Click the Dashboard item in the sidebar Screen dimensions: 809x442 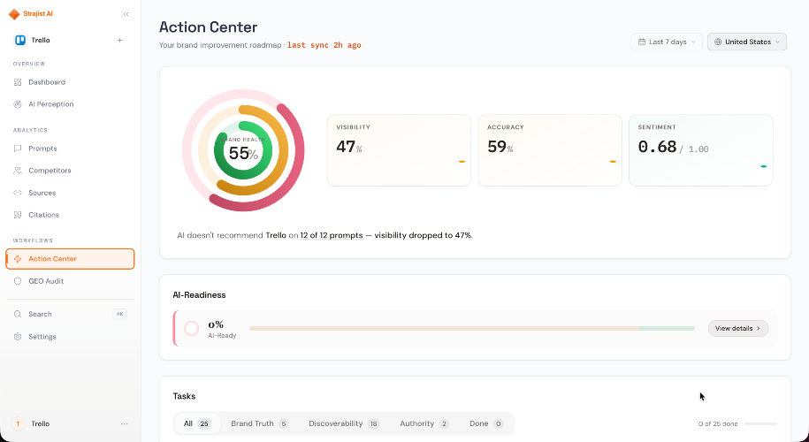click(47, 82)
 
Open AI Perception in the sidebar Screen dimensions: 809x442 click(50, 104)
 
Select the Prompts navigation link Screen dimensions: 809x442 click(42, 149)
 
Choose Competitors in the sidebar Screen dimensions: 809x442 click(50, 171)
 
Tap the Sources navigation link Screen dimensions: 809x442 click(42, 193)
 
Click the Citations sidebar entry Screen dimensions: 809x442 click(43, 215)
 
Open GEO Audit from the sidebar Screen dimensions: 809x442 click(46, 281)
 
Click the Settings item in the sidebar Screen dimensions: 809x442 click(42, 337)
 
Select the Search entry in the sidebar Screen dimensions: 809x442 click(40, 314)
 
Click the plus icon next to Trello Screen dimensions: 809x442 click(119, 41)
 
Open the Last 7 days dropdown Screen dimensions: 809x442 click(667, 42)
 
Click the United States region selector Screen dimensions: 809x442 click(746, 42)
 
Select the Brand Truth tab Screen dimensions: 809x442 click(260, 423)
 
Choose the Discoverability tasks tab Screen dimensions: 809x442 click(344, 423)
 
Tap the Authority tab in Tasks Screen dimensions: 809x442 click(424, 423)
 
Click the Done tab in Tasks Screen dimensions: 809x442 click(486, 423)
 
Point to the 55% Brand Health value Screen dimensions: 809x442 click(243, 153)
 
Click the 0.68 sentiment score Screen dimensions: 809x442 click(657, 147)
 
